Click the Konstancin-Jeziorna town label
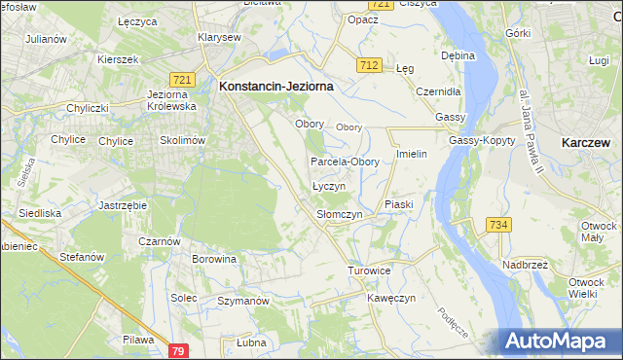(x=276, y=86)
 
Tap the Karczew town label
(x=586, y=142)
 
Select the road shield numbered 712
(x=368, y=65)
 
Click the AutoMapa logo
(x=562, y=341)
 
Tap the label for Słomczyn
(x=340, y=214)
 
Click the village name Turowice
(x=369, y=270)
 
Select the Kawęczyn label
(x=391, y=297)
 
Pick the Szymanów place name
(x=242, y=302)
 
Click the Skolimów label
(x=182, y=140)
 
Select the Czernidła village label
(x=437, y=90)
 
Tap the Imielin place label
(x=413, y=155)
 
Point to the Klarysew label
(x=219, y=37)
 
